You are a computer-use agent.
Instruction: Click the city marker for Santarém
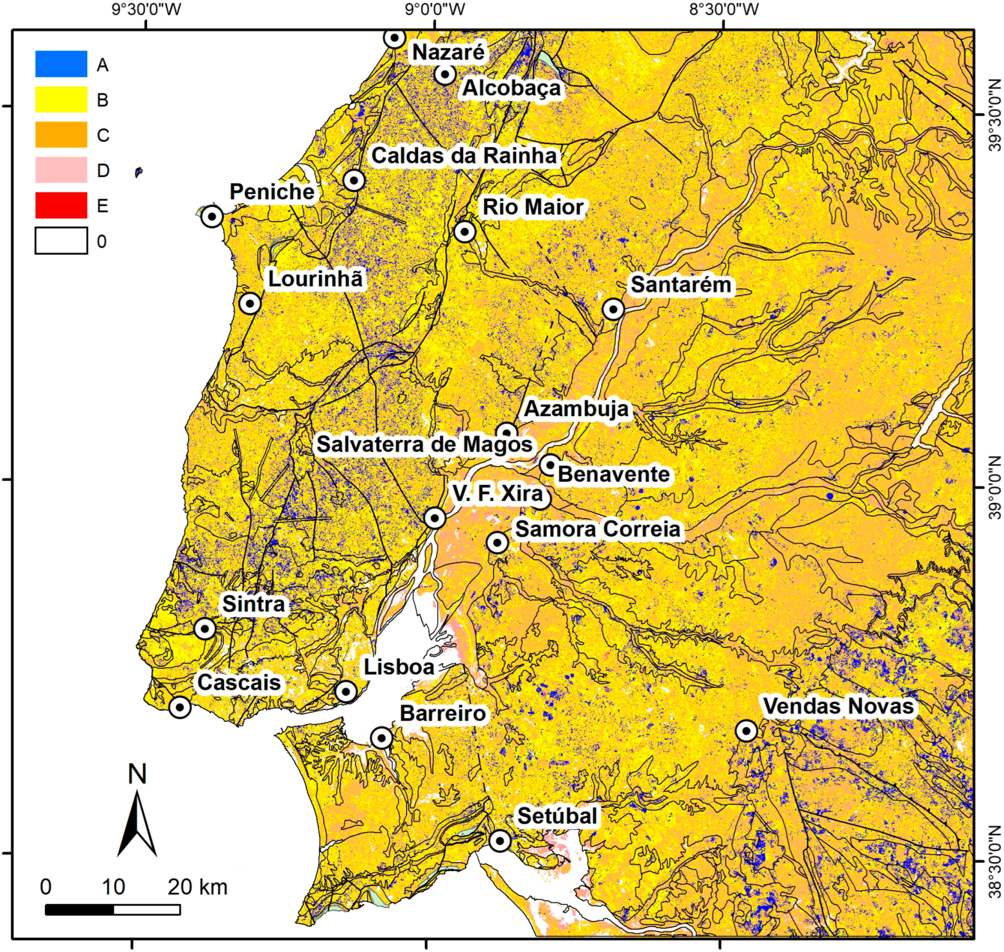click(613, 309)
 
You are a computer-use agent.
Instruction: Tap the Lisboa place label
click(399, 667)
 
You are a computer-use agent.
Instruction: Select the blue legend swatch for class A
click(61, 64)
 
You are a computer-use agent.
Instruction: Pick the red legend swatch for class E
click(61, 205)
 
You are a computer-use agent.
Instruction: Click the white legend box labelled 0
click(61, 241)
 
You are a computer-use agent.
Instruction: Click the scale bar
click(112, 909)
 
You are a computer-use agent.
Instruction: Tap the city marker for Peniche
click(212, 216)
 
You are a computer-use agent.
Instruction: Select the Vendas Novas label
click(838, 706)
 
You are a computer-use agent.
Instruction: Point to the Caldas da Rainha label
click(464, 156)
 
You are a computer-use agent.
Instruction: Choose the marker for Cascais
click(179, 707)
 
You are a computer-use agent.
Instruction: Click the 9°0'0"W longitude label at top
click(435, 10)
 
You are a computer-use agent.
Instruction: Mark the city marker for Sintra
click(205, 628)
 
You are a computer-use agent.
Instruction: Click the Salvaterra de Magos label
click(424, 444)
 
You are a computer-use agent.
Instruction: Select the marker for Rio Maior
click(465, 231)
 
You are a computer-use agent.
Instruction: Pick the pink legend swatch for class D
click(61, 170)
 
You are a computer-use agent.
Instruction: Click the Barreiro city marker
click(381, 738)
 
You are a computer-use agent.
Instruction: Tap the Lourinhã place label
click(316, 279)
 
